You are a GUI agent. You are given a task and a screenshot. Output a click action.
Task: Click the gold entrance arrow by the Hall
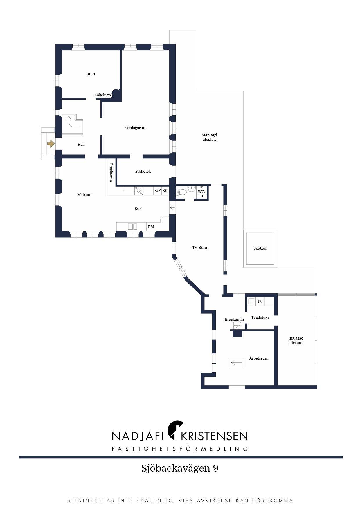click(x=51, y=144)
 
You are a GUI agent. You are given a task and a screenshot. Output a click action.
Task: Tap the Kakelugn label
click(x=102, y=95)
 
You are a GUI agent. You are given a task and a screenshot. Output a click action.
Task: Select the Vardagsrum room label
click(x=136, y=128)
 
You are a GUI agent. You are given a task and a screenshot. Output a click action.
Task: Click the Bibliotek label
click(x=143, y=171)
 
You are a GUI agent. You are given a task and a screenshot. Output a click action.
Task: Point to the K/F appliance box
click(x=157, y=191)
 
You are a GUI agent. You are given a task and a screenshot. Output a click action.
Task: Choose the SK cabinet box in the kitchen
click(x=165, y=191)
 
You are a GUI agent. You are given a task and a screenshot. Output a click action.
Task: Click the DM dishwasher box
click(x=151, y=227)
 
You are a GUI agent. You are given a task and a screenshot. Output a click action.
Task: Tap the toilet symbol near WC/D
click(x=182, y=192)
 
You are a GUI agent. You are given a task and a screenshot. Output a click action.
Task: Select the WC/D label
click(x=201, y=194)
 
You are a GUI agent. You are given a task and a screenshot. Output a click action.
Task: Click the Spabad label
click(x=260, y=248)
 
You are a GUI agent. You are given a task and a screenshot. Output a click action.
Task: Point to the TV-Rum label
click(x=199, y=247)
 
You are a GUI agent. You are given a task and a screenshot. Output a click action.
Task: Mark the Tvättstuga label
click(x=260, y=317)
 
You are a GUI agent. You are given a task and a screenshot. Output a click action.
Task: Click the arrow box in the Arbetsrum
click(x=236, y=362)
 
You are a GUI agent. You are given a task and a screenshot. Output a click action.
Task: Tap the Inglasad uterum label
click(x=296, y=340)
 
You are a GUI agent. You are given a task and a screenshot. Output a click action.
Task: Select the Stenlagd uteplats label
click(x=209, y=137)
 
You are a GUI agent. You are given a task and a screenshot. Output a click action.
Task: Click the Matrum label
click(x=84, y=194)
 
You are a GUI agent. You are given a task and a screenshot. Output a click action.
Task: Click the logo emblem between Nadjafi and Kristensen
click(x=176, y=430)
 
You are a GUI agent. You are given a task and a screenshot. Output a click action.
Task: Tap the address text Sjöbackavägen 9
click(x=180, y=468)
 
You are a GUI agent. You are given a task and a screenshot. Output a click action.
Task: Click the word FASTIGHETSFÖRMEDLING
click(x=180, y=449)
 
